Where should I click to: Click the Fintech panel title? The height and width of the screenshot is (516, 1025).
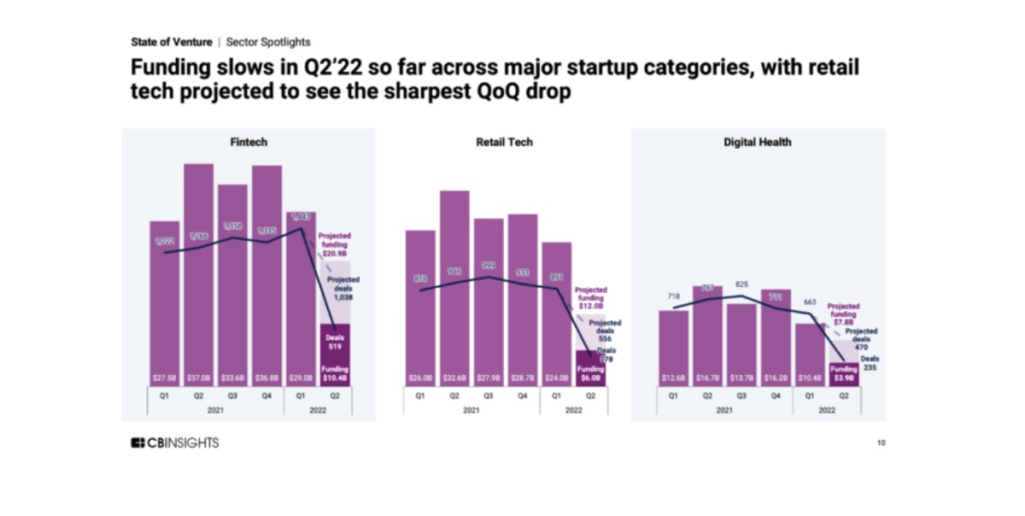tap(249, 142)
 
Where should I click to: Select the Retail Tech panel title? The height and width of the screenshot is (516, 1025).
tap(504, 142)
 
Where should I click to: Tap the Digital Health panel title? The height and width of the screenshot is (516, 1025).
tap(758, 142)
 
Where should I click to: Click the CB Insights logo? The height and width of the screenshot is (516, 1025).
tap(174, 443)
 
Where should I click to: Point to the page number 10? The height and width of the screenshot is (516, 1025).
tap(881, 443)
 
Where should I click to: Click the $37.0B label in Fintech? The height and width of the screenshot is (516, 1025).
tap(198, 378)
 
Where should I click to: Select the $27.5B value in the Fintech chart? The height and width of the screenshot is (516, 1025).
tap(165, 378)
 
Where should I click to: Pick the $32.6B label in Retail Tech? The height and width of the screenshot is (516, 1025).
tap(454, 378)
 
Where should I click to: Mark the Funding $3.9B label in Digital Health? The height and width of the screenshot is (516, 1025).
tap(843, 373)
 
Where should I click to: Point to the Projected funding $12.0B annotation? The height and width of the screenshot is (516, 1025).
tap(591, 298)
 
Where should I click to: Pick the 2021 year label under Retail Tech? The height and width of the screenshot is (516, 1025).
tap(471, 410)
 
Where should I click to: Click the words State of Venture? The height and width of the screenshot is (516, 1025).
tap(172, 41)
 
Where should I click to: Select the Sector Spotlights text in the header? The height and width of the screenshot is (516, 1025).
tap(268, 41)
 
